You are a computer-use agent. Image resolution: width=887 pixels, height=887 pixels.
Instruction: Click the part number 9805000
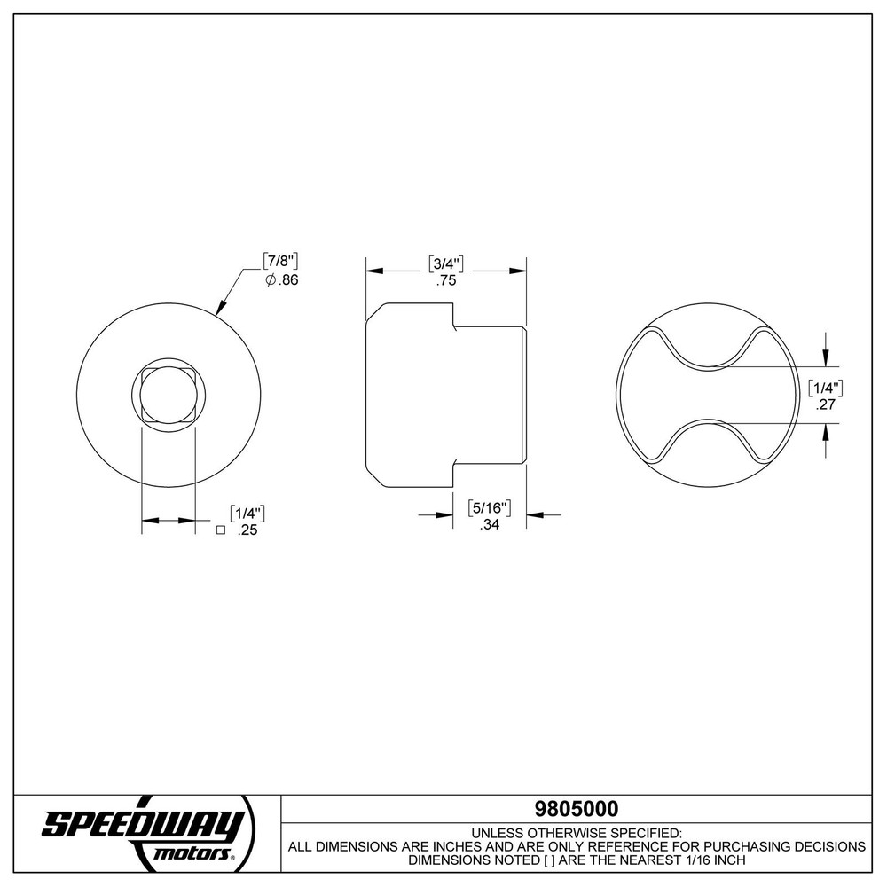576,809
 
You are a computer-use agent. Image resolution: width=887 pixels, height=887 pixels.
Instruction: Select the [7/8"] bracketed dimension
279,261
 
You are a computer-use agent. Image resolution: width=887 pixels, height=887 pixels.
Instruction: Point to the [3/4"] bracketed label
447,263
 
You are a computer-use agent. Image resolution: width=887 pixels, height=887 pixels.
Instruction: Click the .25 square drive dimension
247,530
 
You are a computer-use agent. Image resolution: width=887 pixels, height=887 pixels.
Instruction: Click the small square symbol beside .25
220,530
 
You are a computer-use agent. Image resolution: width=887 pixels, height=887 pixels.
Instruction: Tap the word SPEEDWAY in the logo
143,825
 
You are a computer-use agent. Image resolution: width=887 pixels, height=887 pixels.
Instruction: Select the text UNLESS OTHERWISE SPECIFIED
576,834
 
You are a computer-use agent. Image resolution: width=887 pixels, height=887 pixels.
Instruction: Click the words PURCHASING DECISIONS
781,847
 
